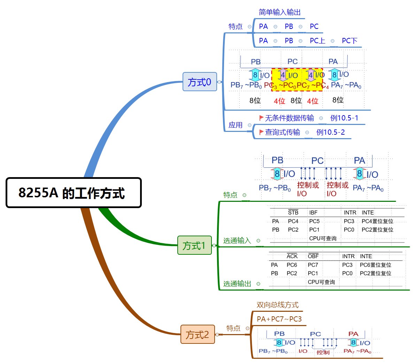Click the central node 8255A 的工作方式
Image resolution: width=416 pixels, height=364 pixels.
74,193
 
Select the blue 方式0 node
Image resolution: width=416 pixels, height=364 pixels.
200,82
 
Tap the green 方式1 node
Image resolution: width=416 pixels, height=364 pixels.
194,245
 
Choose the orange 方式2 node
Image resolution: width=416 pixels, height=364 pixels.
198,334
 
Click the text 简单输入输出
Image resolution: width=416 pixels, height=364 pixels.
280,13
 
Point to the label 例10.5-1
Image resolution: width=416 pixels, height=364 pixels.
344,118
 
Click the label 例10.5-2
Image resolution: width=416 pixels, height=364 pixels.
330,132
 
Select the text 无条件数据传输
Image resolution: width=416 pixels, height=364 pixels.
290,118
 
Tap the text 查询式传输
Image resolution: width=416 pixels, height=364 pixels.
283,132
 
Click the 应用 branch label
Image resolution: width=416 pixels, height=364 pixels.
236,125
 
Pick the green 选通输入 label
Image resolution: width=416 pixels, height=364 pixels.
237,240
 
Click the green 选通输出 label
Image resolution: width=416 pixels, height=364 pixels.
237,284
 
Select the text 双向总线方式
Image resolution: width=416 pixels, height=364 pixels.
278,305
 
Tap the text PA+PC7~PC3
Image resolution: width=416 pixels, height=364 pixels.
279,319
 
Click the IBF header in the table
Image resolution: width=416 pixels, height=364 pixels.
313,213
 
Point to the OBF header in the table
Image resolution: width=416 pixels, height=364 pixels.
313,256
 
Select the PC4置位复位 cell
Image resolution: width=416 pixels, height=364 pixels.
377,221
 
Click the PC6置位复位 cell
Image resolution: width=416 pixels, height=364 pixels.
376,265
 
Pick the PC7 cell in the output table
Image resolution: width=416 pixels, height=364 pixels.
313,265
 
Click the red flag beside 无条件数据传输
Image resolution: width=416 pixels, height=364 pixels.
261,118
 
